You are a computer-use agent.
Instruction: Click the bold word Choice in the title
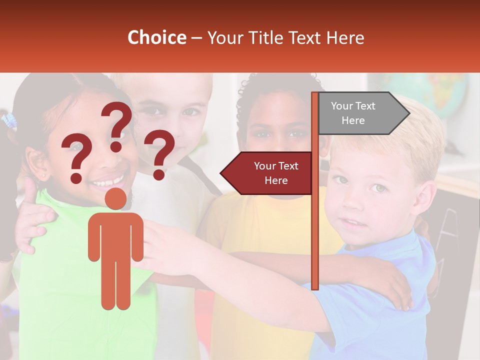click(156, 38)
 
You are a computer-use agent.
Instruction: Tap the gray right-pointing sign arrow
click(363, 113)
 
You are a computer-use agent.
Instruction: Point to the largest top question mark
click(117, 125)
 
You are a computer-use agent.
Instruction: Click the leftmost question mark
click(76, 159)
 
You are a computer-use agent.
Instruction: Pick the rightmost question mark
click(159, 153)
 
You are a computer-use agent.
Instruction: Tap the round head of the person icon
click(115, 198)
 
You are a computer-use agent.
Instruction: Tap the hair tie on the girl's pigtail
click(9, 121)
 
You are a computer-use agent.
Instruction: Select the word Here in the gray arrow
click(353, 120)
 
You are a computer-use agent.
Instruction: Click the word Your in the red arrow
click(265, 166)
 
